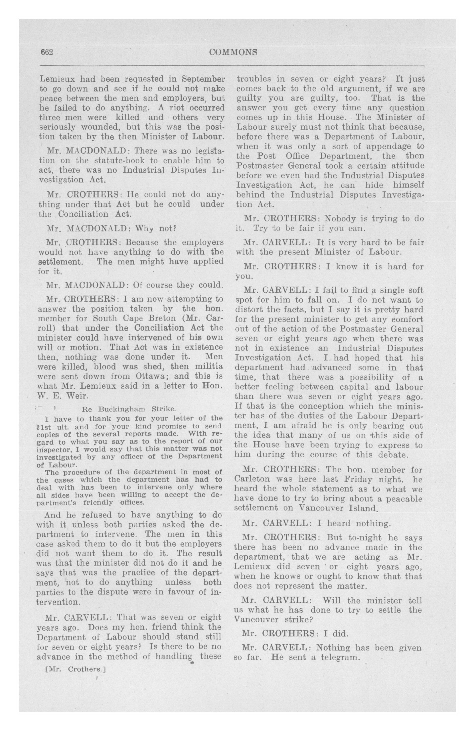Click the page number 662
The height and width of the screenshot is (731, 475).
[x=47, y=52]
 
